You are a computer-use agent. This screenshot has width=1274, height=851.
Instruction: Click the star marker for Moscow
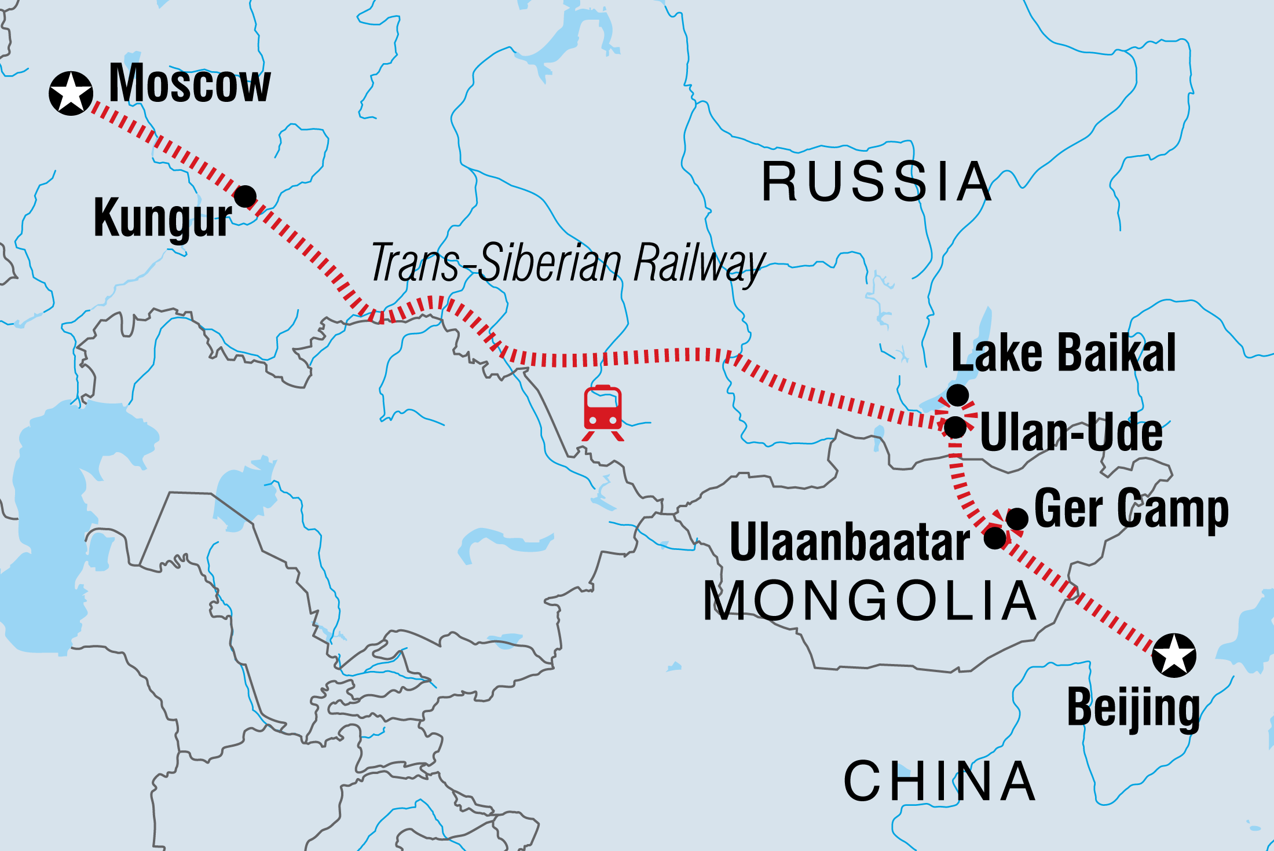71,93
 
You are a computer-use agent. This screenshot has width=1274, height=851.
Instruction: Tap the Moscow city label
189,83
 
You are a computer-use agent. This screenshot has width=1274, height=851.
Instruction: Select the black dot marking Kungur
245,196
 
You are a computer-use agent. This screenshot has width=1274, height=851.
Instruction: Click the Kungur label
163,219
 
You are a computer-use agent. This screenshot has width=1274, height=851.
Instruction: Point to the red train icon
603,412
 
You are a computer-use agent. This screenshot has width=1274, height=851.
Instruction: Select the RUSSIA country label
876,182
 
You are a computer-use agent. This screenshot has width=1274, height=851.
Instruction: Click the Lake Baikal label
1063,353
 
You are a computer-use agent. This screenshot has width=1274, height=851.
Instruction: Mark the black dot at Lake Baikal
957,395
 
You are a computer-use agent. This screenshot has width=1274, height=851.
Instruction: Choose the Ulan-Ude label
1071,432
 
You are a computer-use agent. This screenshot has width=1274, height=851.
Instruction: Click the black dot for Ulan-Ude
955,427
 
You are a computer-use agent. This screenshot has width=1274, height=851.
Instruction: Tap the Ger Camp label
1131,509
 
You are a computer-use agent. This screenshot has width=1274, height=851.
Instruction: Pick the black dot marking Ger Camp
1017,519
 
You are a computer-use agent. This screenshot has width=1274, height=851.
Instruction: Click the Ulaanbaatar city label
850,542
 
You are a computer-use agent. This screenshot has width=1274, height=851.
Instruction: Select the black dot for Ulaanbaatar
995,538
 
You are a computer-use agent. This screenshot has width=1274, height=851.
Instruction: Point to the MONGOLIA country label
870,601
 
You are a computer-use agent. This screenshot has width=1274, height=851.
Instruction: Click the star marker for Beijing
1174,655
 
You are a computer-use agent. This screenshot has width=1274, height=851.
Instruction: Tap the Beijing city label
1133,708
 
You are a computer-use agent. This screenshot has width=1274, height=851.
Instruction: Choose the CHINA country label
939,782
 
